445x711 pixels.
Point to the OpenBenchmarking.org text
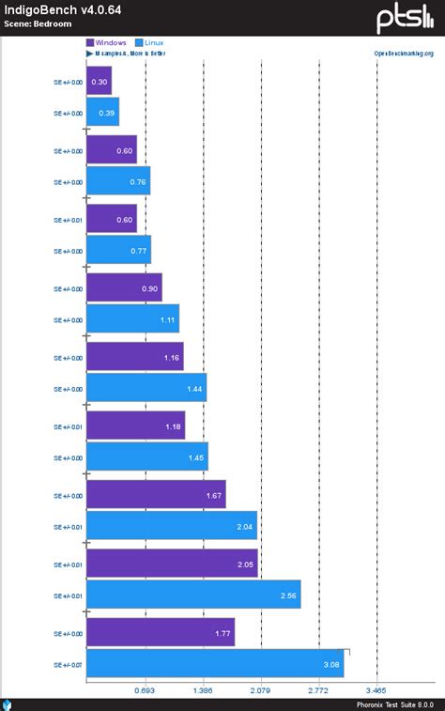403,54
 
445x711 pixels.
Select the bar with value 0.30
99,82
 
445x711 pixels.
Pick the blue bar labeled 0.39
102,113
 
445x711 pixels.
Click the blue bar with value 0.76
118,181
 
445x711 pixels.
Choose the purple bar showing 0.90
124,288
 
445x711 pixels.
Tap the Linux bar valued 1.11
132,319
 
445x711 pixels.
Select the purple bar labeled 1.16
134,357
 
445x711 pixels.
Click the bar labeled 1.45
146,457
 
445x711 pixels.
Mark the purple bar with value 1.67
156,495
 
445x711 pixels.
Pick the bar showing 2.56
193,595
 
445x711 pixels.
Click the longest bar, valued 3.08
215,664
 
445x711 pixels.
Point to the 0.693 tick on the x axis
145,689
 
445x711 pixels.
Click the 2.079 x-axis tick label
261,689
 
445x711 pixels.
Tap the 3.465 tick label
376,689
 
